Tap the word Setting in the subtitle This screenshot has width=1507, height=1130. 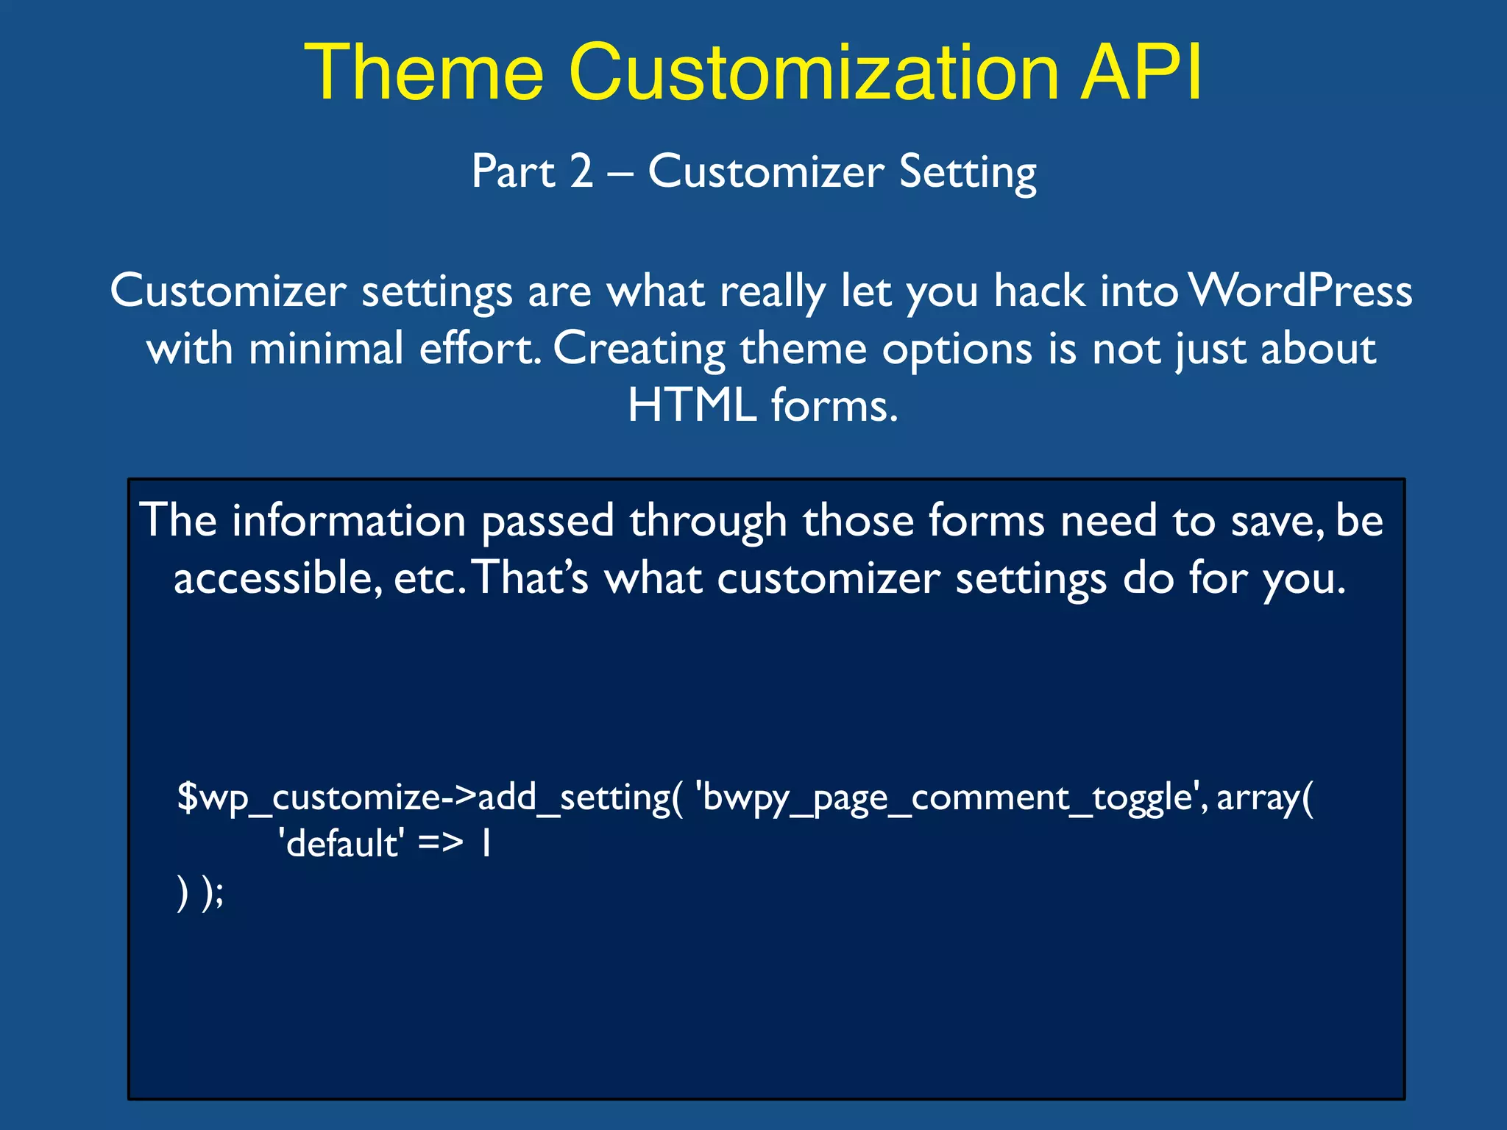tap(968, 173)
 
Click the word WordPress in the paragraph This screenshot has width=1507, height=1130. tap(1300, 291)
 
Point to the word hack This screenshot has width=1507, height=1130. tap(1040, 291)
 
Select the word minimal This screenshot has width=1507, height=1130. tap(325, 348)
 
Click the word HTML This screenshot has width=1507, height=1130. tap(692, 405)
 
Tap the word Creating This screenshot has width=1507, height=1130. tap(639, 349)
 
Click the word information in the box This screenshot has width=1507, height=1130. tap(349, 521)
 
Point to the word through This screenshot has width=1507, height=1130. tap(708, 521)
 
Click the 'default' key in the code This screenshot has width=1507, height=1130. tap(341, 844)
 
